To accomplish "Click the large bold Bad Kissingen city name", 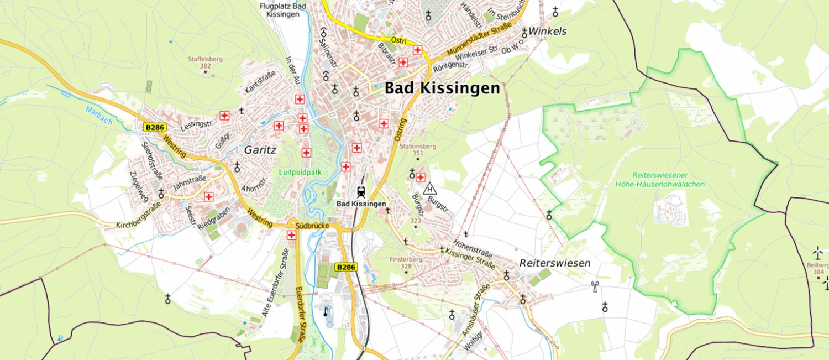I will [442, 88].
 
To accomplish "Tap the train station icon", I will [361, 192].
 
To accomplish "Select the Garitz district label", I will [260, 149].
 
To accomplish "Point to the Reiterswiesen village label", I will [555, 263].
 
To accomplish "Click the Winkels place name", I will [548, 32].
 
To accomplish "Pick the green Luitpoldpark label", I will [300, 173].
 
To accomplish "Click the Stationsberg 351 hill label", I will [418, 150].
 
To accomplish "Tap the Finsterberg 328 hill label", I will [406, 263].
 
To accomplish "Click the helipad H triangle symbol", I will [429, 189].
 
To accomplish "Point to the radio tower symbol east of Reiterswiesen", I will [595, 286].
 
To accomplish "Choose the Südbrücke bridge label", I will [312, 226].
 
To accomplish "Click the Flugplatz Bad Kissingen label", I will [284, 10].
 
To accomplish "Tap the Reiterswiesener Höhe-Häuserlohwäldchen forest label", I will [660, 180].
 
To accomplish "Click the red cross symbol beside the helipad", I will [420, 177].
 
